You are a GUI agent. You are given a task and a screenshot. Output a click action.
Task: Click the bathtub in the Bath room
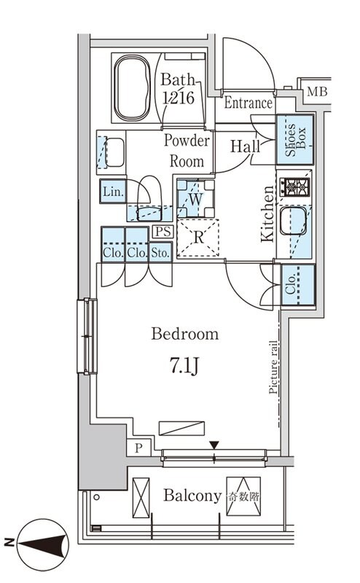[x=132, y=87]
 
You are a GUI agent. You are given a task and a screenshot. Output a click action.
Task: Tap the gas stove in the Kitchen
[x=294, y=187]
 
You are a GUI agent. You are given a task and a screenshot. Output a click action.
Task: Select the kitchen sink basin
[x=294, y=221]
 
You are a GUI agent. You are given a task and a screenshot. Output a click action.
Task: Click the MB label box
[x=317, y=91]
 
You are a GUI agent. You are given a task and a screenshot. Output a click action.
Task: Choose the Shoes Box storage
[x=295, y=139]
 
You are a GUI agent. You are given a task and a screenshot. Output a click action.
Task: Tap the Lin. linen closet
[x=113, y=192]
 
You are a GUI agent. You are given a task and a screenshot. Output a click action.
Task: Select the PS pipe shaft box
[x=163, y=232]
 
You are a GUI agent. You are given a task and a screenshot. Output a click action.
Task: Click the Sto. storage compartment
[x=160, y=252]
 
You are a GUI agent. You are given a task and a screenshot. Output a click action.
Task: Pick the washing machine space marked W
[x=195, y=198]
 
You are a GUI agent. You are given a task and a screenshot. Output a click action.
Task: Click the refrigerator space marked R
[x=198, y=238]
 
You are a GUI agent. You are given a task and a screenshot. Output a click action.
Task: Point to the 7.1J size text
[x=184, y=365]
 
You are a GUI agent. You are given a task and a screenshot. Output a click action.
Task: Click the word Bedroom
[x=185, y=334]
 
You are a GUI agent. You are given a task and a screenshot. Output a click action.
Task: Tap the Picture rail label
[x=273, y=367]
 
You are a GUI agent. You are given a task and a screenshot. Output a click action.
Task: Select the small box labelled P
[x=138, y=447]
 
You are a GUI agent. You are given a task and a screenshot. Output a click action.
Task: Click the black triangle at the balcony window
[x=214, y=445]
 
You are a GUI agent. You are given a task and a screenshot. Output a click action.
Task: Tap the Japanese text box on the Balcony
[x=243, y=496]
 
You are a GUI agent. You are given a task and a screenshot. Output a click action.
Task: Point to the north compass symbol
[x=43, y=544]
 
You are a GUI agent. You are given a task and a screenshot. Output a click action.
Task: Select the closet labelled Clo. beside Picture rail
[x=298, y=285]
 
